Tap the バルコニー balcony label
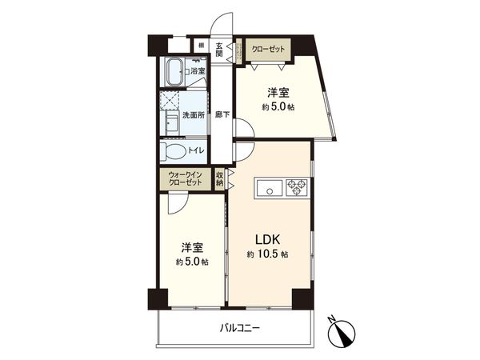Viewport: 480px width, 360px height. [239, 328]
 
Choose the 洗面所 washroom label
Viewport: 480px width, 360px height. [195, 116]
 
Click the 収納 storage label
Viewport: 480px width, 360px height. [221, 178]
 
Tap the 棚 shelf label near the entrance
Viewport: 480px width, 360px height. [202, 46]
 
